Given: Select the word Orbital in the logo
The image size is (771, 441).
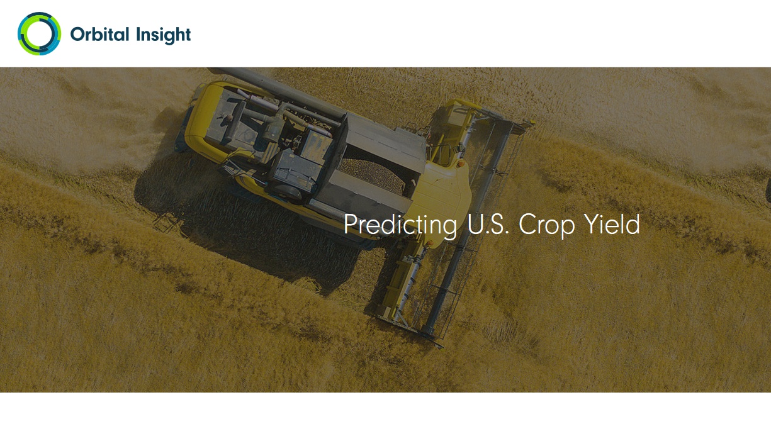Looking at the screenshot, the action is click(99, 35).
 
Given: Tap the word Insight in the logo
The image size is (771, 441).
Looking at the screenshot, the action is click(163, 35).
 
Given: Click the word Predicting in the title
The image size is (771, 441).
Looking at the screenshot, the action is click(400, 225).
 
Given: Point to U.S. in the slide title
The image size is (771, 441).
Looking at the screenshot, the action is click(488, 225).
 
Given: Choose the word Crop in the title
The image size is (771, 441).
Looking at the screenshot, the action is click(546, 226).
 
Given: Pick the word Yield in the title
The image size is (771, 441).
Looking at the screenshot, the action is click(612, 223).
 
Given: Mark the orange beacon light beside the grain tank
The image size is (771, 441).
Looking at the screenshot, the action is click(461, 164).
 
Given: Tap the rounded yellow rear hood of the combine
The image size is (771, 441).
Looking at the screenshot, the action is click(203, 117).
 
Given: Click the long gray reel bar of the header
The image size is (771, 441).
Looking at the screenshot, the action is click(468, 227).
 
